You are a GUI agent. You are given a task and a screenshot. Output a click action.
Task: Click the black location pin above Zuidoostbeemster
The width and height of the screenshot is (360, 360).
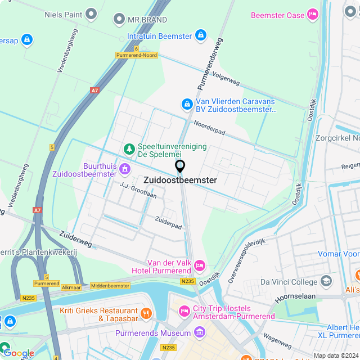(x=180, y=166)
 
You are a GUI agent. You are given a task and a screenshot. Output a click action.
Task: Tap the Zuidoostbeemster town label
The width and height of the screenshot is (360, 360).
(x=180, y=181)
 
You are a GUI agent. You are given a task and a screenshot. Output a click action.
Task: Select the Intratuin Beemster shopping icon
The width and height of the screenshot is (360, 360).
(x=200, y=35)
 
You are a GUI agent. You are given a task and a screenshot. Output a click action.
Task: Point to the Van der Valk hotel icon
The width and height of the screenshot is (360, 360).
(x=199, y=264)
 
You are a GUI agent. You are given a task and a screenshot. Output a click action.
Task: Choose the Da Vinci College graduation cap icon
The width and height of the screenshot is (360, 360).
(x=326, y=281)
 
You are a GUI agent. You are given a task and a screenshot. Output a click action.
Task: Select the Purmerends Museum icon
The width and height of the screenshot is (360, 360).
(x=199, y=333)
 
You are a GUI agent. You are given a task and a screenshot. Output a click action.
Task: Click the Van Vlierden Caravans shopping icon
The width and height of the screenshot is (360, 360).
(x=187, y=103)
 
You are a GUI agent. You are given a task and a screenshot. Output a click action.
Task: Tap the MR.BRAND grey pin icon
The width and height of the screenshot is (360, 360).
(x=119, y=20)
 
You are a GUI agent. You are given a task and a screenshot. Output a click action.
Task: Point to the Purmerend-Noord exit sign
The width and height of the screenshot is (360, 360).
(x=137, y=55)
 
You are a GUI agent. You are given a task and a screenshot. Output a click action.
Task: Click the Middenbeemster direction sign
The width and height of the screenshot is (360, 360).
(x=110, y=286)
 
